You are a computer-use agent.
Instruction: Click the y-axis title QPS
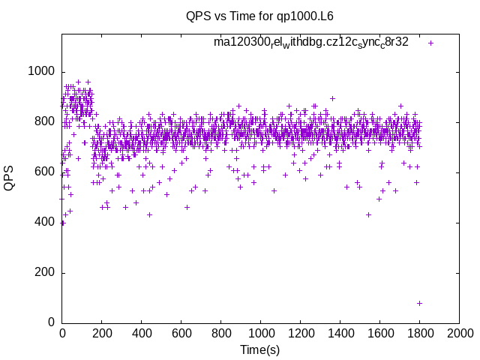pyautogui.click(x=10, y=178)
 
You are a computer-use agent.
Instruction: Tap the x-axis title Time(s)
pyautogui.click(x=259, y=349)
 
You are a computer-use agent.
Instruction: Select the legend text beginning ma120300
pyautogui.click(x=311, y=42)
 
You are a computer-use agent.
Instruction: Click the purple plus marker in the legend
pyautogui.click(x=430, y=43)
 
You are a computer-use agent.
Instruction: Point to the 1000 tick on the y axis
pyautogui.click(x=40, y=72)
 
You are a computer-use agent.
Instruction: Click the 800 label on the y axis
pyautogui.click(x=44, y=122)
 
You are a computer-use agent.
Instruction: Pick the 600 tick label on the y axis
pyautogui.click(x=44, y=172)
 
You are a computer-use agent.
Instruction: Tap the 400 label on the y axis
pyautogui.click(x=44, y=223)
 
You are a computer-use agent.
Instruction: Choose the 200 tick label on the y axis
pyautogui.click(x=44, y=273)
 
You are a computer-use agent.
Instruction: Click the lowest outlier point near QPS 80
pyautogui.click(x=419, y=303)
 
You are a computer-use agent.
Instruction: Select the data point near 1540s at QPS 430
pyautogui.click(x=368, y=214)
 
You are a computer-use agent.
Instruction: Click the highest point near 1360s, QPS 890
pyautogui.click(x=332, y=98)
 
